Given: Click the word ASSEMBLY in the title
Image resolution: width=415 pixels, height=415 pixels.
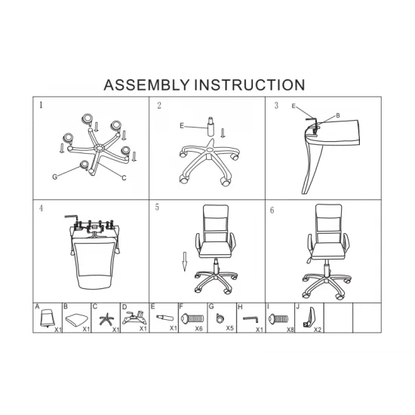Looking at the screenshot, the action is tap(146, 85).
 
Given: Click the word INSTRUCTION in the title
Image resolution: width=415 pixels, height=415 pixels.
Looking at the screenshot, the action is tap(250, 85).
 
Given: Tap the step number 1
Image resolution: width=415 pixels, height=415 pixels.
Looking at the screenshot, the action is tap(41, 105).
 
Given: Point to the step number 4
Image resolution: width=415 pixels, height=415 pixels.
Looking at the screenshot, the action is tap(41, 208).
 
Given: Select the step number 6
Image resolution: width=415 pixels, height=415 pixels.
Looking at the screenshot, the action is tap(272, 211).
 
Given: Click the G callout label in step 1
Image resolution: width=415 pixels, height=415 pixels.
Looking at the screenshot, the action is tap(55, 177).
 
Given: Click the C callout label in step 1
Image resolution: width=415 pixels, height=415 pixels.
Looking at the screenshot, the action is tap(124, 178).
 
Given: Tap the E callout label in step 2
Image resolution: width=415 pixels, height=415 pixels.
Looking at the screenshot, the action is tap(182, 125).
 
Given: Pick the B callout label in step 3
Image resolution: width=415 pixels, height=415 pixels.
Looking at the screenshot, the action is tap(338, 115).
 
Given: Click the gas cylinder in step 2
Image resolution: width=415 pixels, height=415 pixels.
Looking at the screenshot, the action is tap(211, 127).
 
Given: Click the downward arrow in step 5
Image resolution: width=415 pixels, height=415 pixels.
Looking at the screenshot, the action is tap(185, 262).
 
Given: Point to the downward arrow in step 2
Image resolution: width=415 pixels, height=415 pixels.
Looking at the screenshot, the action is tap(223, 133).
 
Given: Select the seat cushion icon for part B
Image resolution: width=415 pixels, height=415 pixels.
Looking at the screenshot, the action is tap(76, 320).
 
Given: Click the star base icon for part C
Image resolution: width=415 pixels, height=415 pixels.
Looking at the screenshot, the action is tap(106, 319).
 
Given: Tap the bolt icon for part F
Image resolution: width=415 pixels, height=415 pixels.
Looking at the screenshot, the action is tap(192, 318).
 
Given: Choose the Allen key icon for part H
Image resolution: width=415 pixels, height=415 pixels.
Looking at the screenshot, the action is tap(250, 319).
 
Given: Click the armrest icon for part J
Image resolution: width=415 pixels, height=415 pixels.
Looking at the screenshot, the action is tap(309, 317).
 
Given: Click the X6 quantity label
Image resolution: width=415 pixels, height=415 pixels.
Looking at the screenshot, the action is tap(198, 328).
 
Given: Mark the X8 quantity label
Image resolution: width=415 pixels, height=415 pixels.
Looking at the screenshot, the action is tap(290, 330).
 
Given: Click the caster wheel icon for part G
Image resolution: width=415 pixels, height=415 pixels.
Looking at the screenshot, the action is tap(220, 318).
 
